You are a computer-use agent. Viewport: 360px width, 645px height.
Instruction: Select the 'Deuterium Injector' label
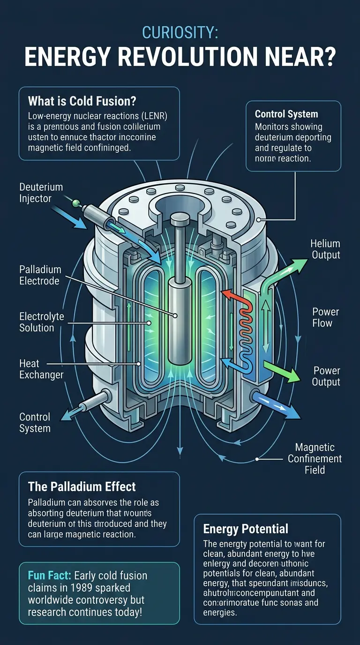[41, 193]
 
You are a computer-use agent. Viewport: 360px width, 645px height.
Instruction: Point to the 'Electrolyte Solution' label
[41, 322]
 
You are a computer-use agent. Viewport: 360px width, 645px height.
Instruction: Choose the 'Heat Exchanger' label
[41, 369]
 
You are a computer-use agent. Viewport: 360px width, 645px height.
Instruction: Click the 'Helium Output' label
[325, 249]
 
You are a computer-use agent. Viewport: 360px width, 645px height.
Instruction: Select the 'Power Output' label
[326, 376]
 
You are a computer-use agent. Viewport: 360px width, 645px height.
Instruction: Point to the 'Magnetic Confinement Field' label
[315, 458]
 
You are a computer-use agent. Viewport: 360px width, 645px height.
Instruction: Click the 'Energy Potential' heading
[245, 529]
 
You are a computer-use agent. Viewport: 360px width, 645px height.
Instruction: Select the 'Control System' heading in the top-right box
[286, 114]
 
